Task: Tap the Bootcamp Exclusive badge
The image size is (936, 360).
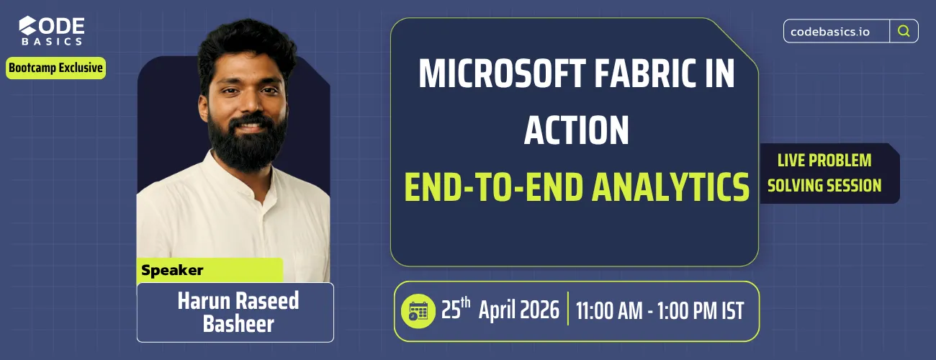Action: click(56, 68)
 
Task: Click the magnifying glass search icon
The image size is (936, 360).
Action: click(904, 31)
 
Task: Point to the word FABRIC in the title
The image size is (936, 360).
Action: click(649, 75)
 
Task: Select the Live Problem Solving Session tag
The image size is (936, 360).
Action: click(824, 173)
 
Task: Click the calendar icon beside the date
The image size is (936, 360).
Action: click(418, 311)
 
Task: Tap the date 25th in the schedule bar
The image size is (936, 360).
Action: click(456, 310)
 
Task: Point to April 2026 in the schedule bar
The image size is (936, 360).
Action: click(518, 310)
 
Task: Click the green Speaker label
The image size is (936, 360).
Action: click(173, 271)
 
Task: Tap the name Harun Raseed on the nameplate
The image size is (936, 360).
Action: click(238, 301)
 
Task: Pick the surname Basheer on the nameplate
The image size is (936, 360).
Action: click(238, 324)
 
